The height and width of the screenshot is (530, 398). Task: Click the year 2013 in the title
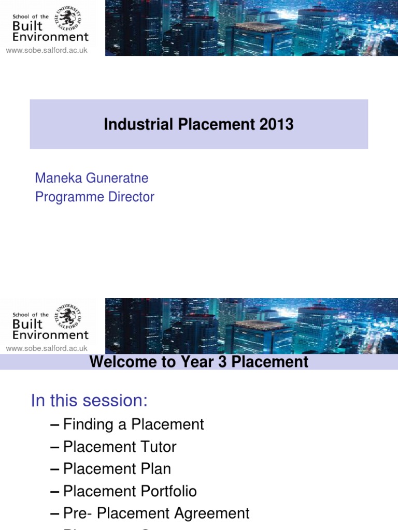(x=277, y=125)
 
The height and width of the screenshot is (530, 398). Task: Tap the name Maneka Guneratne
(x=92, y=178)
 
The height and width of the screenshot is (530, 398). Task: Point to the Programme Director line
(x=95, y=197)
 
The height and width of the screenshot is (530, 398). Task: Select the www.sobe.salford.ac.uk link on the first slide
(x=47, y=50)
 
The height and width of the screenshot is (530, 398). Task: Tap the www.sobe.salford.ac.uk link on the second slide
(x=47, y=348)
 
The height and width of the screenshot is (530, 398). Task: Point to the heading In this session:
(x=90, y=401)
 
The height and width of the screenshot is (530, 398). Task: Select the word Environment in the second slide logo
(x=50, y=335)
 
